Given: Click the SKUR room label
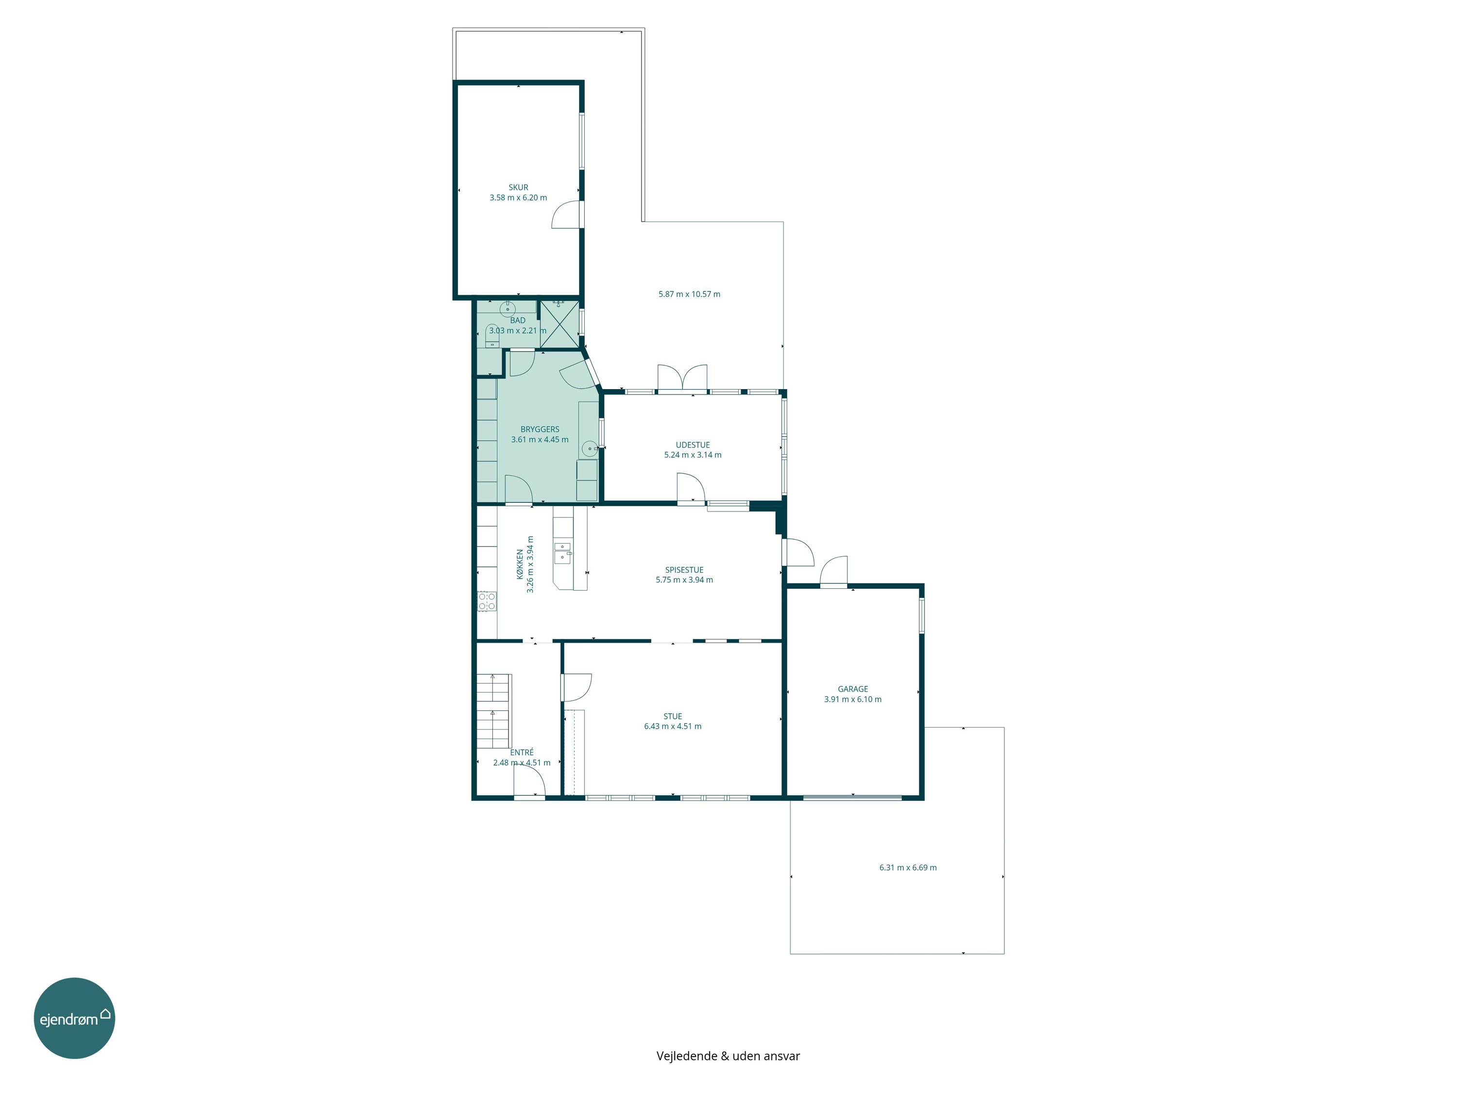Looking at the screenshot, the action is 518,187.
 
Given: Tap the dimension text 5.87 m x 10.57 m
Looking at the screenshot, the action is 689,294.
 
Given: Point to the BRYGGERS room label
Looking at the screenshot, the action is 540,429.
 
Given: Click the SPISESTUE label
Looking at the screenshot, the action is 684,570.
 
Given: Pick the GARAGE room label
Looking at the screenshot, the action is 852,689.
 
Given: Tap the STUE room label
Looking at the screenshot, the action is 673,716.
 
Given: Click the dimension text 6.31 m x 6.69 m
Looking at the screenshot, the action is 908,868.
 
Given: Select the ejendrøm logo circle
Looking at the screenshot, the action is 74,1019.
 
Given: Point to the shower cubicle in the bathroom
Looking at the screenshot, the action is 559,324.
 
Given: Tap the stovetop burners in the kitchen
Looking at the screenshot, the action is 487,601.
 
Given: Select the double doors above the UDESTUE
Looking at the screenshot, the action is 682,377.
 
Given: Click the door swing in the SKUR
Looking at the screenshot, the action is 566,214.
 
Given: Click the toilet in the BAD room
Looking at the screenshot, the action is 492,336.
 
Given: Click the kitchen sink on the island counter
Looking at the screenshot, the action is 562,553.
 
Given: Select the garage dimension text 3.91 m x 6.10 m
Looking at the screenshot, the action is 852,700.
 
